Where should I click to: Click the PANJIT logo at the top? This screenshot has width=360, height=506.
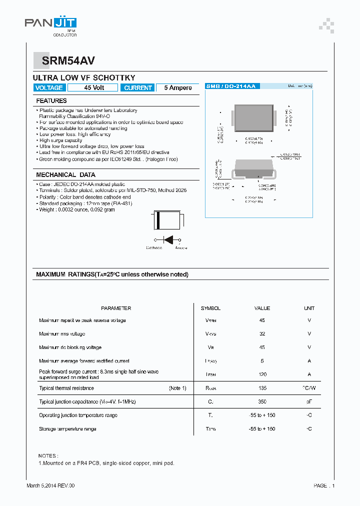(50, 23)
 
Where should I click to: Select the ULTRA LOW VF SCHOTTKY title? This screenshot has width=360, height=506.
(84, 78)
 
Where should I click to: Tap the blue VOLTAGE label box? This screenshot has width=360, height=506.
(49, 87)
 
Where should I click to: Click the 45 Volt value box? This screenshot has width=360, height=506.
(93, 87)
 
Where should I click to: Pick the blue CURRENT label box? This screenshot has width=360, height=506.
(137, 87)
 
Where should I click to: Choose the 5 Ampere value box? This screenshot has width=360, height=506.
(177, 87)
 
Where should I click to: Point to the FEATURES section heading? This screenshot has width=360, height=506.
(51, 101)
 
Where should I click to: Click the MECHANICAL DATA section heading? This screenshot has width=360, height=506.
(65, 175)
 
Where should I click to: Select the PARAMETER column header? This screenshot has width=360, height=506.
(116, 308)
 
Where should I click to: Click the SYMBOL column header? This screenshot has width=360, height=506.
(210, 308)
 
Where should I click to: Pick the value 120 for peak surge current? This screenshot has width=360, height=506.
(262, 374)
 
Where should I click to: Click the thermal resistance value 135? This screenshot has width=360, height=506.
(262, 388)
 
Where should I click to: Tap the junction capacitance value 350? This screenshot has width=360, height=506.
(262, 401)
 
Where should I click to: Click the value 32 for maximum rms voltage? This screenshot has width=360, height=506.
(262, 333)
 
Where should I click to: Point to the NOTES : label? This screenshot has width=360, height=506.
(48, 455)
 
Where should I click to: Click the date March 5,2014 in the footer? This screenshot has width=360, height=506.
(43, 485)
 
